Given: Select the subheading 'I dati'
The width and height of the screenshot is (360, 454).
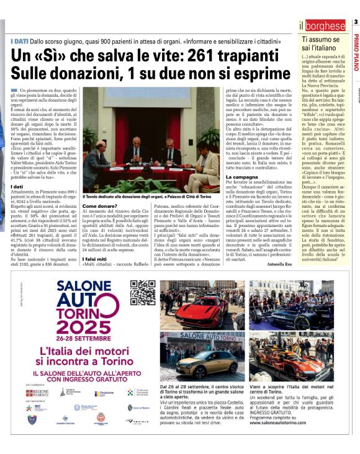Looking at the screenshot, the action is point(17,186).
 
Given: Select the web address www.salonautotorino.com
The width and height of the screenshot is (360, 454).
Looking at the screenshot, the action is point(284,429).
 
